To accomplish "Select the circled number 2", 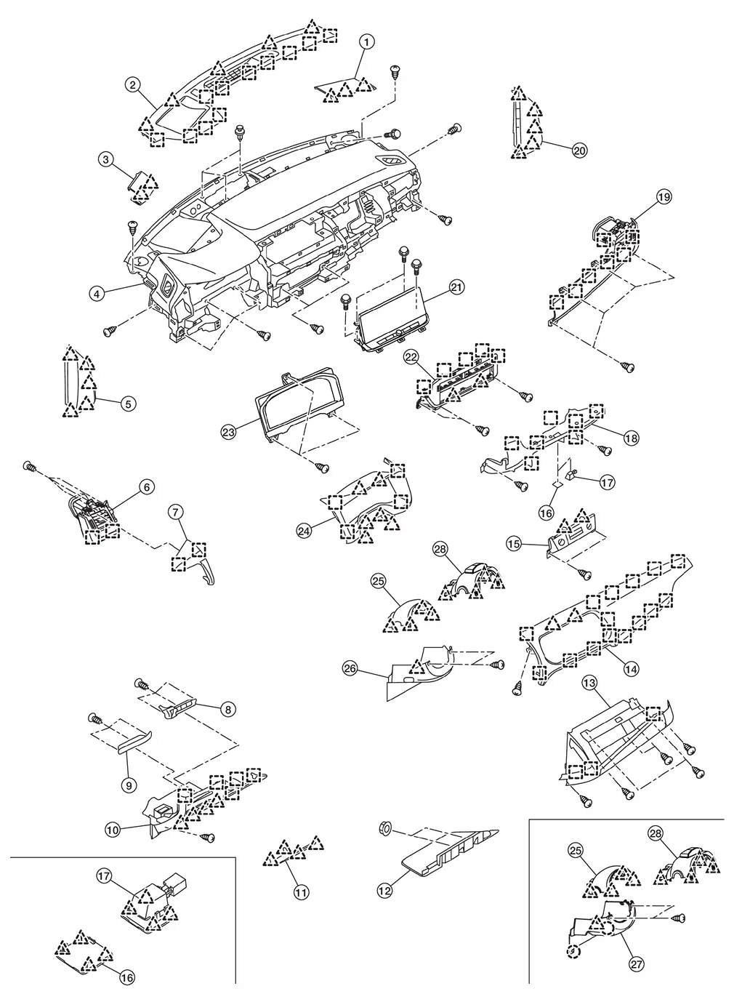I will (x=132, y=85).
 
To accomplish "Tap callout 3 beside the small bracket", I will (x=106, y=159).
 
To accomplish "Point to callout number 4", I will (x=96, y=294).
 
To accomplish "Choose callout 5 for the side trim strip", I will (x=127, y=402).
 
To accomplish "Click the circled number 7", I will (x=176, y=512).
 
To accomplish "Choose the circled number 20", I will (x=579, y=151).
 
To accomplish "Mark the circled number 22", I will (x=411, y=357).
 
